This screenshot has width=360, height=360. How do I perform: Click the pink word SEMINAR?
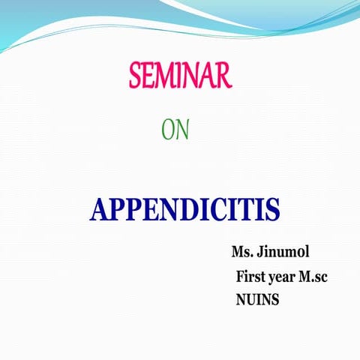click(181, 76)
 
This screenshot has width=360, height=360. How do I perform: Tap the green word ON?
click(175, 130)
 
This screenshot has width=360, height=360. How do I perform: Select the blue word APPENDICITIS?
click(184, 209)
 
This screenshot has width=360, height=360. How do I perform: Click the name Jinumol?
click(283, 251)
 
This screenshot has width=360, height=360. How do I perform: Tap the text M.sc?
click(313, 276)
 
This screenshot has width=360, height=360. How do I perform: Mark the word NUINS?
click(258, 300)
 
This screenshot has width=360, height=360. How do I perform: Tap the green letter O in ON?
click(169, 130)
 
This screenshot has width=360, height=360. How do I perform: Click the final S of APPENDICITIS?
click(273, 209)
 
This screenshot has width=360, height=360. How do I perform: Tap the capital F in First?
click(241, 276)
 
